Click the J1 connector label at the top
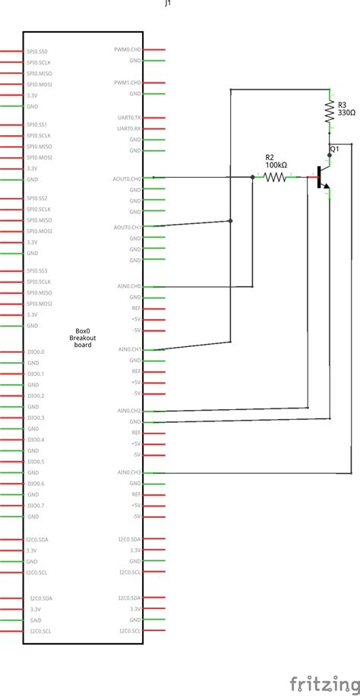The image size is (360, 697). (x=168, y=4)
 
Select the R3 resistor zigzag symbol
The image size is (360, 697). (x=330, y=112)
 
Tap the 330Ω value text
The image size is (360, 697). (x=346, y=111)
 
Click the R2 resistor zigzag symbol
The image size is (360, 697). (x=276, y=178)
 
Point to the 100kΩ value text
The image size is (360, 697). (x=276, y=165)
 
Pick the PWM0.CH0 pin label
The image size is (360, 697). (x=128, y=50)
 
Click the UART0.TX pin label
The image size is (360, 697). (x=128, y=118)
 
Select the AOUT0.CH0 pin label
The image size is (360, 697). (x=128, y=178)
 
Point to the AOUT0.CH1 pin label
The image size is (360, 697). (x=128, y=227)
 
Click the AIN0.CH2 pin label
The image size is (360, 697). (x=128, y=411)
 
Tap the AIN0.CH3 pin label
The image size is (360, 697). (x=128, y=471)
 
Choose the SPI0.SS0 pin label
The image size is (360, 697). (x=37, y=52)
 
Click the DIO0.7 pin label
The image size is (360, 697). (x=36, y=506)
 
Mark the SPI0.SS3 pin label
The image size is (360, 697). (x=37, y=271)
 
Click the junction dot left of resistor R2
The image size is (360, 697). (x=253, y=178)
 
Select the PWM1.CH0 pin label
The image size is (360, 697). (x=128, y=82)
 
